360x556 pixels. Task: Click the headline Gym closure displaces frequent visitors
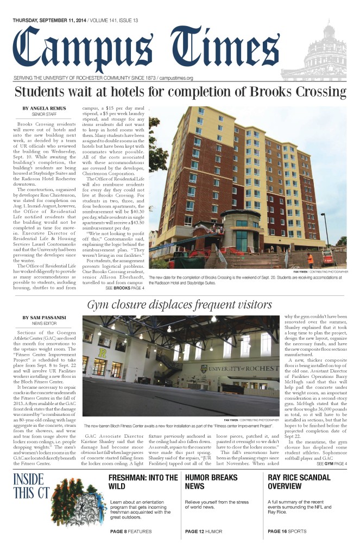180,305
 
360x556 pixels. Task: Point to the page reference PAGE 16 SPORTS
287,531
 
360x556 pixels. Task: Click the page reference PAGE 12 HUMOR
205,531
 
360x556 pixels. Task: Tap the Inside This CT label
33,486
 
